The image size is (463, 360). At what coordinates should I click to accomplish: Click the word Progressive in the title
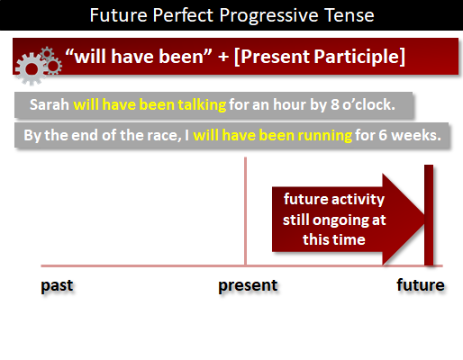tap(268, 15)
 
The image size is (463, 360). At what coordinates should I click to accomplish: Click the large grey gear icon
tap(32, 69)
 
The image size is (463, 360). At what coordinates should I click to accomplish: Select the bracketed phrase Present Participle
tap(320, 57)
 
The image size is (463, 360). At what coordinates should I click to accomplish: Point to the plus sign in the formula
tap(223, 57)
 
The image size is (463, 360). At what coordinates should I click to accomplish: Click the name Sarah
tap(50, 104)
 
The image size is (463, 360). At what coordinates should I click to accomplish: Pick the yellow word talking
tap(202, 105)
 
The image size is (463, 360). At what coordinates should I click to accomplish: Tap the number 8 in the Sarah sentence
tap(335, 105)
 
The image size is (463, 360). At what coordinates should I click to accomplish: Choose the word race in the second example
tap(168, 136)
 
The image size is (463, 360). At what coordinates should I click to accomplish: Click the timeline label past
tap(57, 285)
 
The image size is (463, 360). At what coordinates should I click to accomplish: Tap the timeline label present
tap(248, 285)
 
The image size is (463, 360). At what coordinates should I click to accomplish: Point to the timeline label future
tap(421, 285)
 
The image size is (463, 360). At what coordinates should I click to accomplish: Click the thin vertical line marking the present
tap(245, 211)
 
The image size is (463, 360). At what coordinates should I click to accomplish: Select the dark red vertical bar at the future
tap(429, 215)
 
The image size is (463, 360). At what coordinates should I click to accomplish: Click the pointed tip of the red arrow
tap(423, 219)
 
